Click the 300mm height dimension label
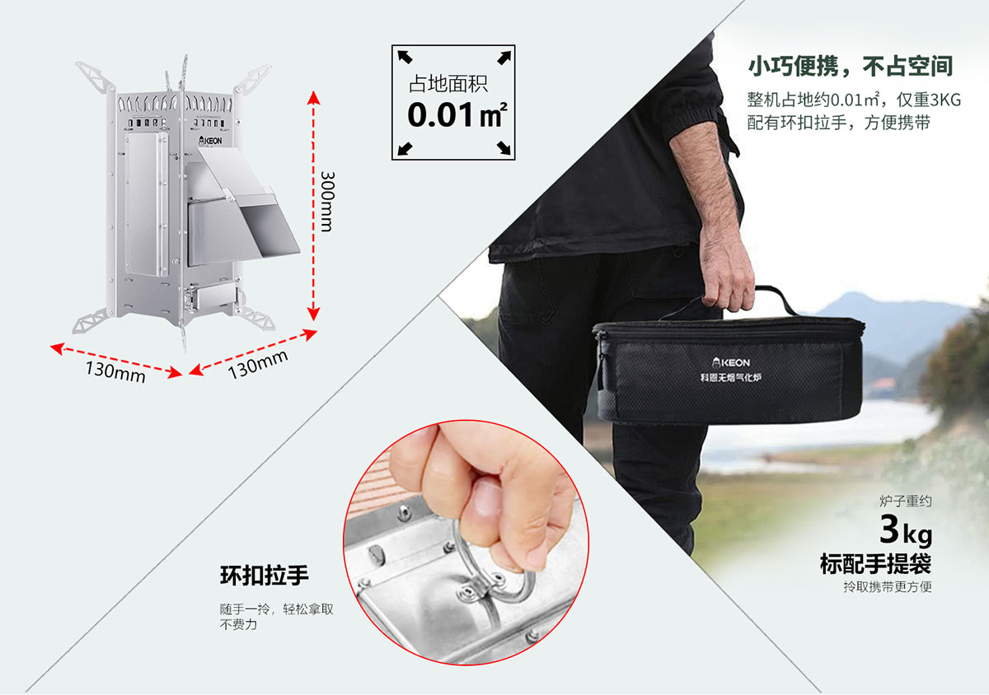point(327,201)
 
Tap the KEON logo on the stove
point(210,141)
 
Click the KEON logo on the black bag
point(731,362)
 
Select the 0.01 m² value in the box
point(457,115)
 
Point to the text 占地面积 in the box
point(448,83)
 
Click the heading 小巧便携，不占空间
point(851,67)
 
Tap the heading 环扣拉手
point(265,576)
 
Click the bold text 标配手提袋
point(875,563)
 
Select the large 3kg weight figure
point(906,529)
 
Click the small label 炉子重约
point(905,501)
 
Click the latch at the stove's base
point(191,299)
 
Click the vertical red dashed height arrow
point(313,206)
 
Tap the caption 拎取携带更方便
point(888,587)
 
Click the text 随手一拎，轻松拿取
point(277,609)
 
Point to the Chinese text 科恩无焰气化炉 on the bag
point(731,378)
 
